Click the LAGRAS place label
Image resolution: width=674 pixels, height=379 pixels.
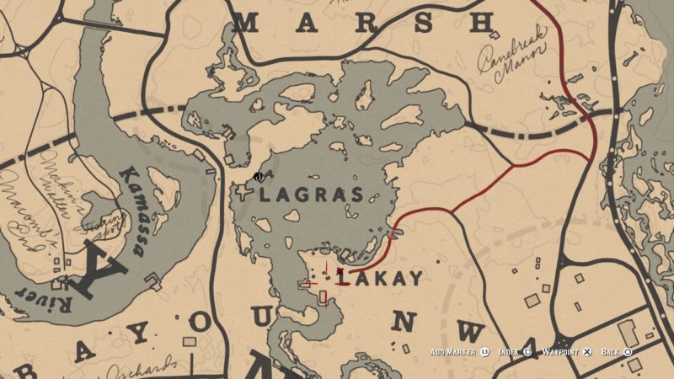pos(313,195)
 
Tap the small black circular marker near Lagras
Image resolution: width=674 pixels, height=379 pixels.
pos(258,177)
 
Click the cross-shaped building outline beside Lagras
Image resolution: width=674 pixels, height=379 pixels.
pos(245,193)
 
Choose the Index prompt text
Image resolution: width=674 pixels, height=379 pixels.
pos(508,351)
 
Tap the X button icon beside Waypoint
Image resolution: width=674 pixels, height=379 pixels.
pos(588,351)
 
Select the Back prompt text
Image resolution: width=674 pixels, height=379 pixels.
pos(612,351)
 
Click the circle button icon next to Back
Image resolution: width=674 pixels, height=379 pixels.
pos(629,351)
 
